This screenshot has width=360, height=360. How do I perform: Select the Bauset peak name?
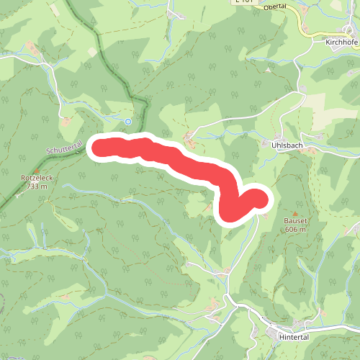click(x=294, y=221)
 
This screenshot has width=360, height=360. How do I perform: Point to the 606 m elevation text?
click(x=294, y=229)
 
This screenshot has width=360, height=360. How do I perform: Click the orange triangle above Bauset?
click(x=294, y=212)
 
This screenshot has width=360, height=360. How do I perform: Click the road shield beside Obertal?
click(x=244, y=2)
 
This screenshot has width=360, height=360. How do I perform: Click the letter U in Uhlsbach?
click(x=275, y=144)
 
